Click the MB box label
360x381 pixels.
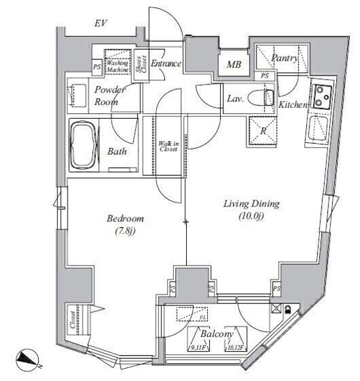point(233,65)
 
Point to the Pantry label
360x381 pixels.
point(285,59)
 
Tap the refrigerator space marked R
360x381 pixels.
point(262,131)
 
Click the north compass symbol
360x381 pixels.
point(28,357)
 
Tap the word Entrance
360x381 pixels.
point(166,63)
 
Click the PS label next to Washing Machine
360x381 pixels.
point(97,67)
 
